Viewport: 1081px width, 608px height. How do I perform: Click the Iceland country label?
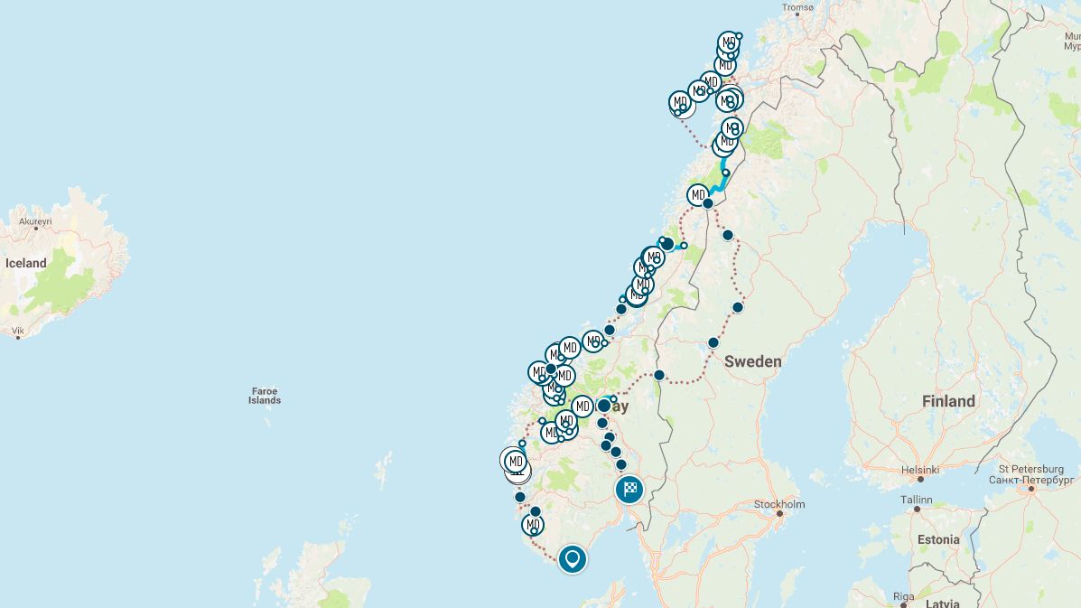coord(25,263)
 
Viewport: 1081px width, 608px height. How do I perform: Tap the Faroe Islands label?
coord(265,396)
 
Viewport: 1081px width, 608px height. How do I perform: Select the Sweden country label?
coord(752,361)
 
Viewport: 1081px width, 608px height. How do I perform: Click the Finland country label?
coord(948,401)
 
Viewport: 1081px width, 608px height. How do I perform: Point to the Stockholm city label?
coord(778,504)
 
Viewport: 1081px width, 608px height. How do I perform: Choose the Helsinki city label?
coord(919,470)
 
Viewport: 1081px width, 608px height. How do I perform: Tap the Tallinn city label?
coord(916,498)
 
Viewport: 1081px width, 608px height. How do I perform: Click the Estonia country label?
coord(937,539)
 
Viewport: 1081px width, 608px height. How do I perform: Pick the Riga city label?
coord(904,595)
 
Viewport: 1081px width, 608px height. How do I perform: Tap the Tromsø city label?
coord(797,7)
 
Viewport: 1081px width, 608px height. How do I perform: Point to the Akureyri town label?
coord(35,220)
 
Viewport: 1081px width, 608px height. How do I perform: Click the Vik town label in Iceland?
coord(18,331)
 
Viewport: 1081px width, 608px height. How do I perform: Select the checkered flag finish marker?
coord(629,490)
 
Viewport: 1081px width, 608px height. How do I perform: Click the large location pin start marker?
coord(572,558)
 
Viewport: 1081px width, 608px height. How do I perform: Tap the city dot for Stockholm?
coord(779,514)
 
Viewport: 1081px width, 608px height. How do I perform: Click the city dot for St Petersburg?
coord(1030,488)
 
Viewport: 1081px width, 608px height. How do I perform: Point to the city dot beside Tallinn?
coord(916,509)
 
